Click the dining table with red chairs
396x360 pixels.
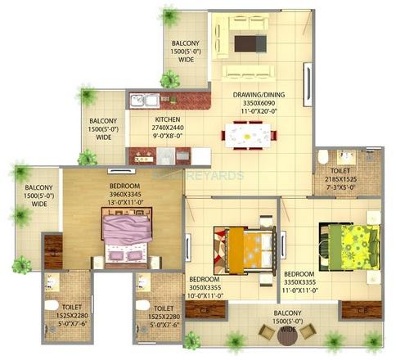tap(248, 133)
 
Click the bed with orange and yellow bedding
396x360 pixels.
tap(242, 245)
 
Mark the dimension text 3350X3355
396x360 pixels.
tap(300, 281)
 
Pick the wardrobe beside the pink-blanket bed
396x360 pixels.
tap(53, 251)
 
